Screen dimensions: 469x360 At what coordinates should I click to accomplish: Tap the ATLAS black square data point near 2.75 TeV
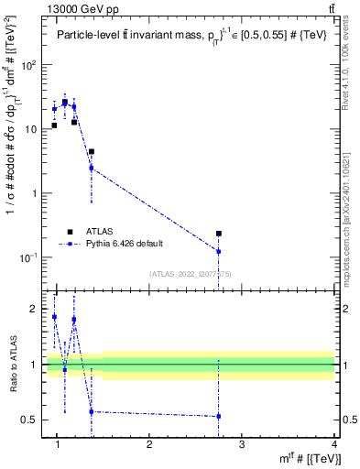tap(219, 234)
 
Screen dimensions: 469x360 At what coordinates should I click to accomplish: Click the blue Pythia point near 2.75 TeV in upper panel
tap(219, 251)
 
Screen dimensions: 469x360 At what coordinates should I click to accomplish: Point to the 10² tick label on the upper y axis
tap(28, 65)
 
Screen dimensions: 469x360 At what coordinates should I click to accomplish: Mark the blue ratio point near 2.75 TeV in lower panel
tap(219, 416)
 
